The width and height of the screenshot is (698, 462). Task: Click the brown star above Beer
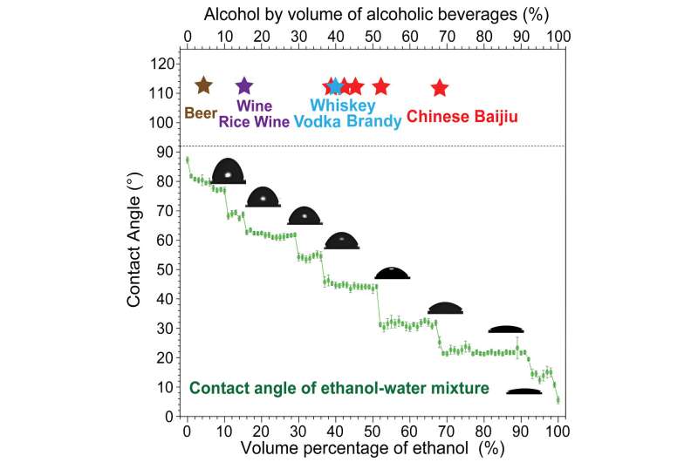tap(203, 85)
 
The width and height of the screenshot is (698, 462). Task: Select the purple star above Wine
tap(244, 85)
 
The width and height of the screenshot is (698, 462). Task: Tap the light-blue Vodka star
tap(336, 87)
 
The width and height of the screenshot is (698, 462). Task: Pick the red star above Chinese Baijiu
tap(439, 87)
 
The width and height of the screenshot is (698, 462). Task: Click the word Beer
tap(200, 113)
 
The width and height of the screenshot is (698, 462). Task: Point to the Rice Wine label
tap(254, 122)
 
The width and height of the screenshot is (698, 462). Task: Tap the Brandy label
tap(373, 122)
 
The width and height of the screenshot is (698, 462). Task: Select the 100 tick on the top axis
tap(558, 37)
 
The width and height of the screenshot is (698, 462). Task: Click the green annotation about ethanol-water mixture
tap(339, 388)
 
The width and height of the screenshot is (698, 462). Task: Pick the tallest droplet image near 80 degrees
tap(228, 172)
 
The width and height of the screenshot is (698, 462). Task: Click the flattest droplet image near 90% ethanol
tap(524, 391)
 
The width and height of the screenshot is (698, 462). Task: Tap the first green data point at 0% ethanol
tap(187, 160)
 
